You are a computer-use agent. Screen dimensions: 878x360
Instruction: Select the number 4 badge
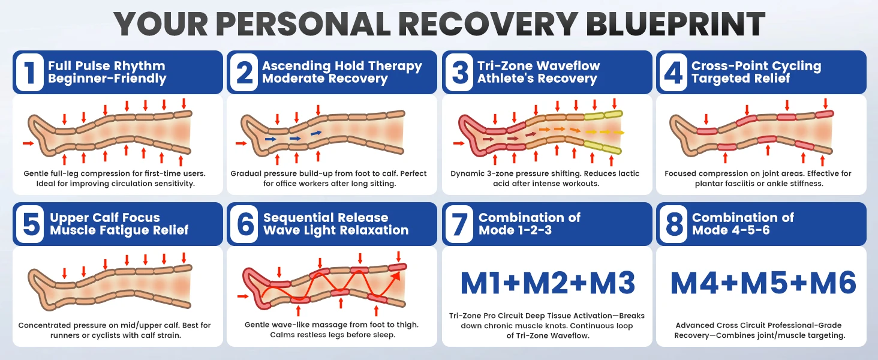pyautogui.click(x=673, y=72)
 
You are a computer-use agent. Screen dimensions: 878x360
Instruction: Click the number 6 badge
pyautogui.click(x=245, y=224)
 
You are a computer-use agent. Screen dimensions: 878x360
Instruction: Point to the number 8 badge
pyautogui.click(x=673, y=224)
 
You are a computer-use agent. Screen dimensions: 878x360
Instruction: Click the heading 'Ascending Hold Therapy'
pyautogui.click(x=342, y=65)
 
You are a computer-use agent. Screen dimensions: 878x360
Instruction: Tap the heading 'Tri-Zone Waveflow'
pyautogui.click(x=539, y=65)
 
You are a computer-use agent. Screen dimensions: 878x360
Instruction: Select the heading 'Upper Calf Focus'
pyautogui.click(x=105, y=217)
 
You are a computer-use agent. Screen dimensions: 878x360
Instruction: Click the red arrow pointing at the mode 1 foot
pyautogui.click(x=28, y=143)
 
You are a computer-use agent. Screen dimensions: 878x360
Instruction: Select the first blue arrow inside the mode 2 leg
pyautogui.click(x=270, y=139)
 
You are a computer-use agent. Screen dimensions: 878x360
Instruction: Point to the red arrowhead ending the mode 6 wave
pyautogui.click(x=395, y=275)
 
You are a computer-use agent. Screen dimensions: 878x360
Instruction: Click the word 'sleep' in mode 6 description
pyautogui.click(x=383, y=335)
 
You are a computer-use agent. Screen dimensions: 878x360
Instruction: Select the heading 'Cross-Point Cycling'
pyautogui.click(x=756, y=65)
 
